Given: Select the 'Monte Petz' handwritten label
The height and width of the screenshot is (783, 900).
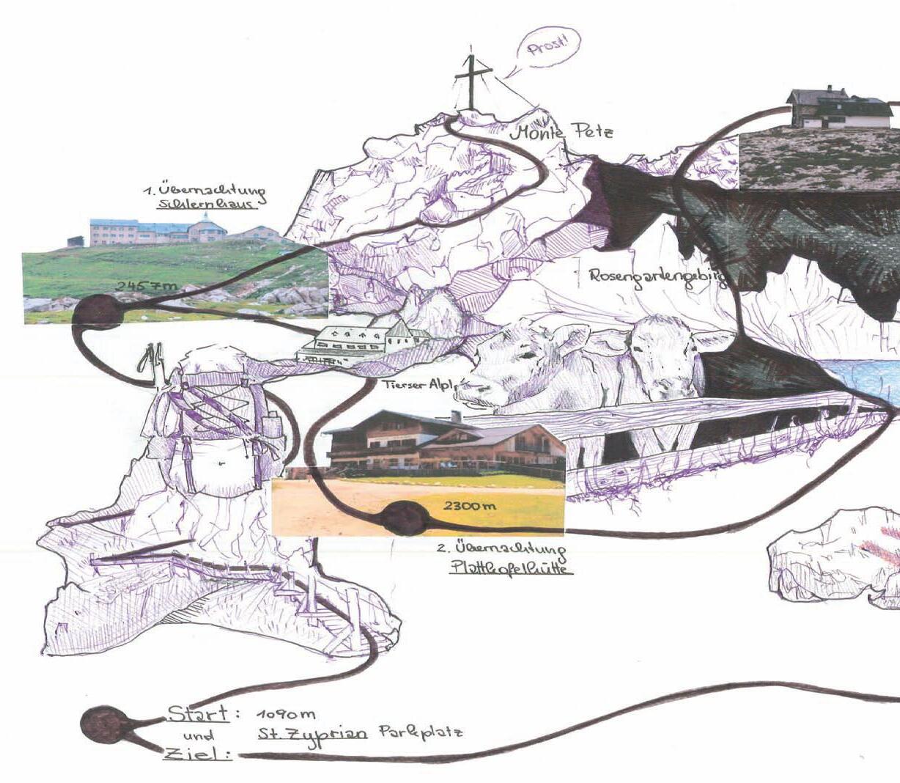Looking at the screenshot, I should (x=562, y=133).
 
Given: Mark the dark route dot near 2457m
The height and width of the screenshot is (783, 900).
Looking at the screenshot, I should (x=98, y=311).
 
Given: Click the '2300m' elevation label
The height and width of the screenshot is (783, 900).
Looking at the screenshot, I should (x=469, y=505).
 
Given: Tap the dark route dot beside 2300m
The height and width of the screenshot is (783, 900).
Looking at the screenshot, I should (x=404, y=518).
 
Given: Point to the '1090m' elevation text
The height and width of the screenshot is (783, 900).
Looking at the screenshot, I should (x=287, y=713).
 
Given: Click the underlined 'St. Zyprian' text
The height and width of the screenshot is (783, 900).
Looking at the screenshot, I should (x=313, y=732).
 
